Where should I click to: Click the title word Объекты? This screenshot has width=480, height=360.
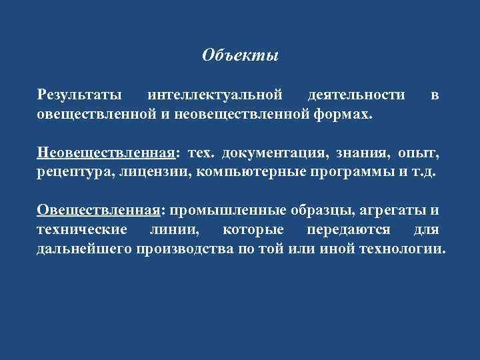click(x=240, y=55)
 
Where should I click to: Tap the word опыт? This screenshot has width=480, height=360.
click(x=419, y=154)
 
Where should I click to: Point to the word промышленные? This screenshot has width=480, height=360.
click(x=229, y=211)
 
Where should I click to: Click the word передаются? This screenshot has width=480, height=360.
click(x=339, y=230)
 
